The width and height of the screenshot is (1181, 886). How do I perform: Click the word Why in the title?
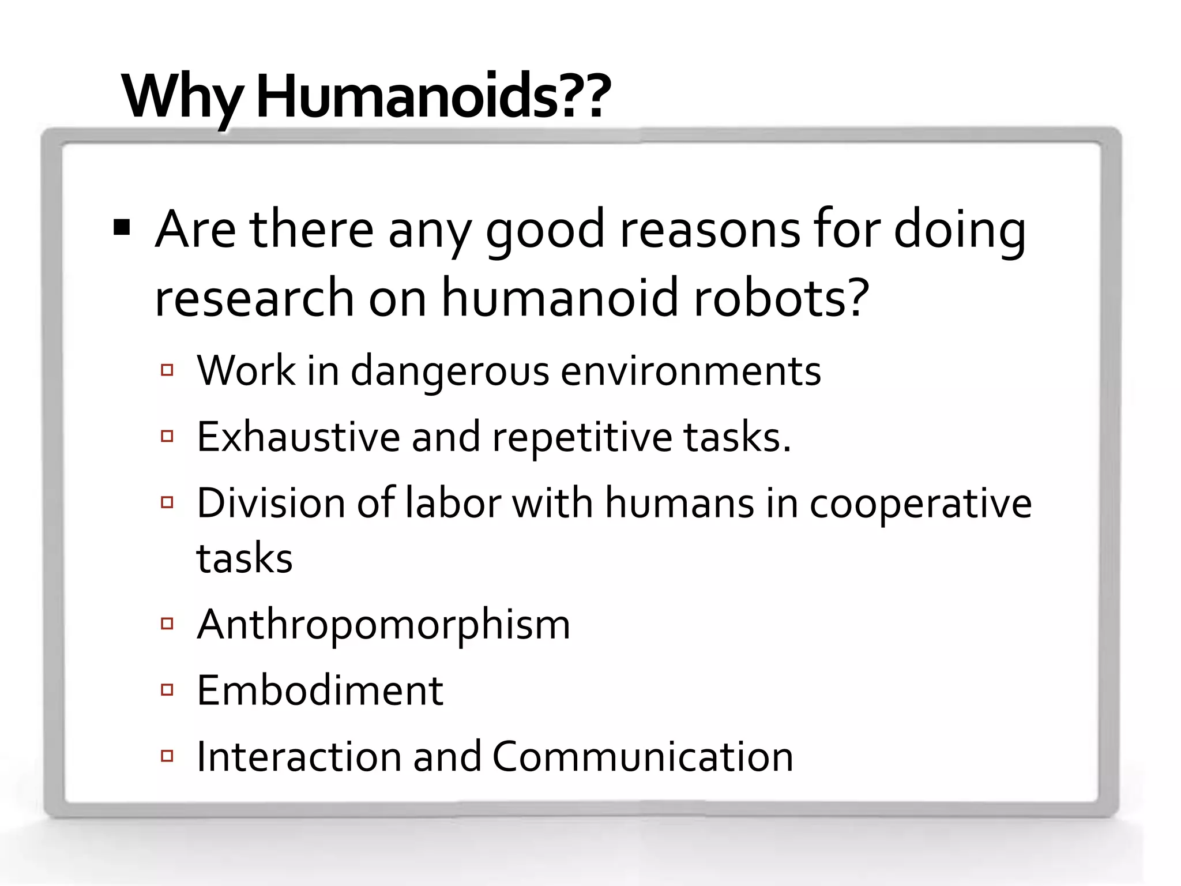pos(183,97)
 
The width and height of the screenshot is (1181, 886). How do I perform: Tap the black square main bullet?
pos(122,228)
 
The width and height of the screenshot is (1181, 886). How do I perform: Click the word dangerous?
pos(450,371)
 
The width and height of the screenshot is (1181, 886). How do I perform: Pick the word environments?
pos(691,370)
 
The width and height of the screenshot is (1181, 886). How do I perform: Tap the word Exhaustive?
pos(298,437)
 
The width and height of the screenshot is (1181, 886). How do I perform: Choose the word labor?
pos(453,503)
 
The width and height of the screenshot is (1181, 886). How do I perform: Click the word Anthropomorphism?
pos(383,624)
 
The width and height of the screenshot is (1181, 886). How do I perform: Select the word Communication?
pos(642,756)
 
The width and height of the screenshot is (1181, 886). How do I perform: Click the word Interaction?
pos(299,756)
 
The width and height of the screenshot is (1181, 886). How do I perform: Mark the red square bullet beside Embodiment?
pos(167,689)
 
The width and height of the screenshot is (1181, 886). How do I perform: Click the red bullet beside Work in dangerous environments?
pos(167,370)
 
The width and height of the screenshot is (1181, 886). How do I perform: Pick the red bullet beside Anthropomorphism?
pos(167,623)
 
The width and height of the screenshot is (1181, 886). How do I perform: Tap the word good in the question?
pos(545,231)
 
